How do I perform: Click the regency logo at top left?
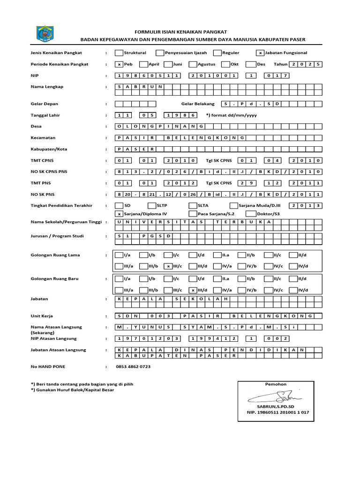(x=45, y=34)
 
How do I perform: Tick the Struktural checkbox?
(x=119, y=53)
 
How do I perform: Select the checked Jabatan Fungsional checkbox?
(x=260, y=53)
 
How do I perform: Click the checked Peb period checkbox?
(x=119, y=64)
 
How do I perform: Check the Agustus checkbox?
(x=193, y=64)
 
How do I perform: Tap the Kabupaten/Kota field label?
(x=49, y=149)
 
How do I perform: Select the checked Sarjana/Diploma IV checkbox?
(x=119, y=214)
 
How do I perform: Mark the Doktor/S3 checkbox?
(x=250, y=214)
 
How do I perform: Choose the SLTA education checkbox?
(x=193, y=205)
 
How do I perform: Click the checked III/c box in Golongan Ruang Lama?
(x=168, y=266)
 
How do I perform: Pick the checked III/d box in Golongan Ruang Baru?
(x=193, y=290)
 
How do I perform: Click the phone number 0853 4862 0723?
(x=133, y=367)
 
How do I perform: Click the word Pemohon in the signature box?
(x=276, y=384)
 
